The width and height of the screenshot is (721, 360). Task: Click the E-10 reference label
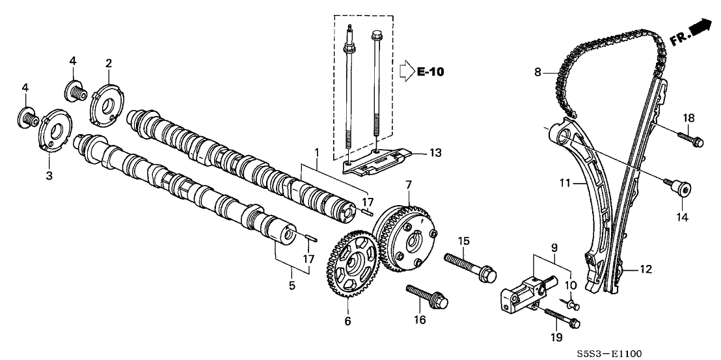click(430, 72)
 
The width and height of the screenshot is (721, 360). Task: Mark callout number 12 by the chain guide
click(646, 268)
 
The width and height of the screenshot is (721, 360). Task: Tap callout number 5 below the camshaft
click(292, 284)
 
